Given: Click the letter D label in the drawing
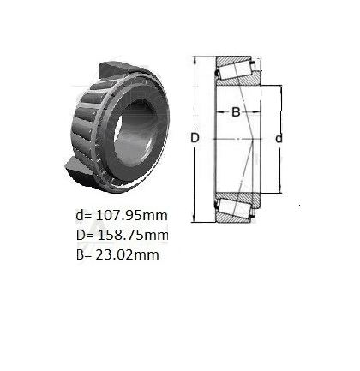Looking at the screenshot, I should pos(195,138).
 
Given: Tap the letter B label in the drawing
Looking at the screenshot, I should pos(234,112).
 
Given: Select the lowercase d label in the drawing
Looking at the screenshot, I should pos(278,138).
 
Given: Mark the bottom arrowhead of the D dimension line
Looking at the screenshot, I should pos(195,220).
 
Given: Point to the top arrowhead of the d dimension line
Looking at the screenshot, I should pos(279,88).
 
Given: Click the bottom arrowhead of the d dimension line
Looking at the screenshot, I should pos(279,190).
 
